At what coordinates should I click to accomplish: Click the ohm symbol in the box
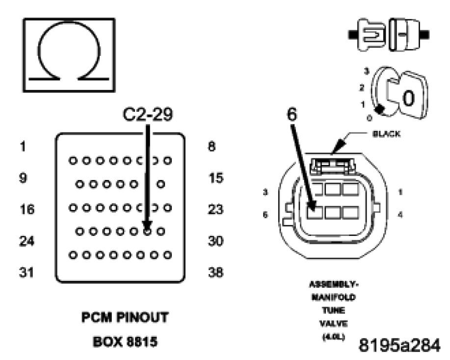point(69,55)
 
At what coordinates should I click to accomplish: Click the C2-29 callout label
point(147,115)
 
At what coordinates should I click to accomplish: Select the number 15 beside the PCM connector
point(215,179)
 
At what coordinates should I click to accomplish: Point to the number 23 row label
point(215,210)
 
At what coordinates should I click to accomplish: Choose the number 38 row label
point(215,272)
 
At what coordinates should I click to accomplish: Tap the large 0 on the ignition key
point(407,98)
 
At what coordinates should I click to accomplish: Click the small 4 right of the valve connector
point(400,214)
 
